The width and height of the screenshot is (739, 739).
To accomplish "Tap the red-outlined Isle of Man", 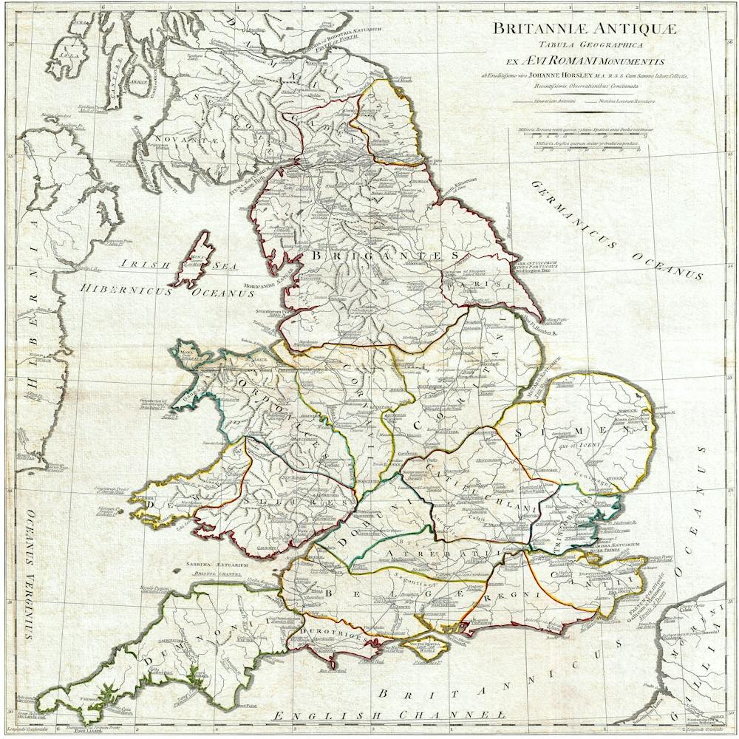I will (194, 259).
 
